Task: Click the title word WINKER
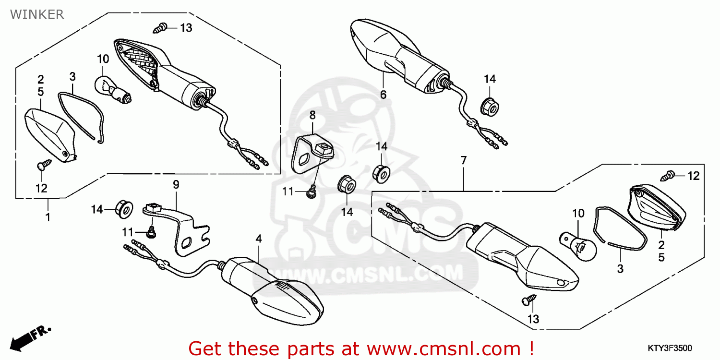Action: coord(36,14)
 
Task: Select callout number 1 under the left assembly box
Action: coord(48,217)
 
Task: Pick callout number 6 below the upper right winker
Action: coord(383,95)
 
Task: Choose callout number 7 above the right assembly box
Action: coord(463,160)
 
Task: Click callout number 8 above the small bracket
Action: coord(312,115)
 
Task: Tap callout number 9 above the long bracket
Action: coord(176,184)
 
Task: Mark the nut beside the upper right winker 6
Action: coord(490,106)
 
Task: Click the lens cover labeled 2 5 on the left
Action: coord(48,134)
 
